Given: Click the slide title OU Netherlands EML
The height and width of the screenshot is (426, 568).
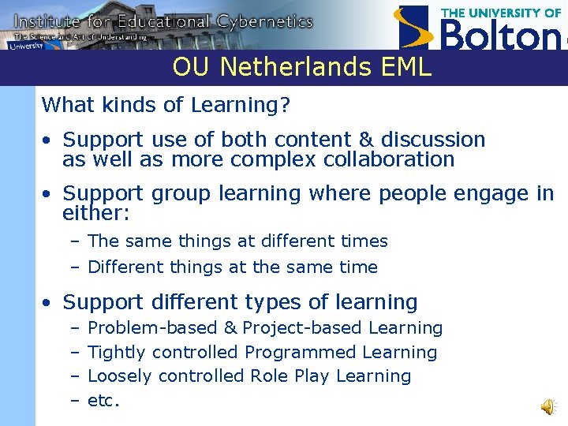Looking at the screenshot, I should [302, 67].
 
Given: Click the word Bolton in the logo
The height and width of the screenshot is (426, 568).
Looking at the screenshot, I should [500, 35].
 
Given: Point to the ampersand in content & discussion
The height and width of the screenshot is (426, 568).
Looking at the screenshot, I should [365, 140].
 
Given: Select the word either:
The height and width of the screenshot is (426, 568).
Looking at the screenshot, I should [95, 213].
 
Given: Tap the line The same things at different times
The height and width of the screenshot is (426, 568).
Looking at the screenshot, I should [237, 241].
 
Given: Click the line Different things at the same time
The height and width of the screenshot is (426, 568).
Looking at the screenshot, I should [232, 267].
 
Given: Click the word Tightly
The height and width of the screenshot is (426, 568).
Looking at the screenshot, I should [117, 352].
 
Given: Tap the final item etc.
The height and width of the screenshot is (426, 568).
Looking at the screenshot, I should [103, 401].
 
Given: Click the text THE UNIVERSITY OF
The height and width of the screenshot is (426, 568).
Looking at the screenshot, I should [501, 13].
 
